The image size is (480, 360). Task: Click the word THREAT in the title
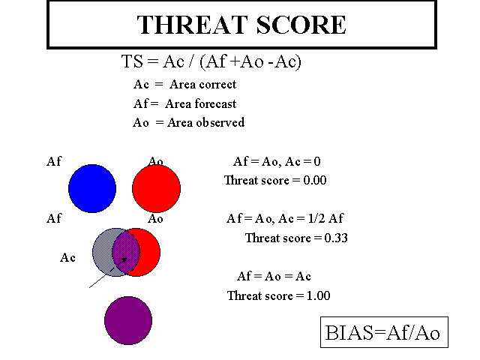[x=192, y=25]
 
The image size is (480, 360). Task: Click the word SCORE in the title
[x=301, y=25]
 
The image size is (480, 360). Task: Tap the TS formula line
[x=211, y=61]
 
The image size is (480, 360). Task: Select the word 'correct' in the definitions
[x=217, y=85]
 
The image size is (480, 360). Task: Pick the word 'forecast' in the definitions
[x=215, y=103]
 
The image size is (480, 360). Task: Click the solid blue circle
[x=92, y=188]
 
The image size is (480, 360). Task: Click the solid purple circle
[x=128, y=320]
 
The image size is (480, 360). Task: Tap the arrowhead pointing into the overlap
[x=124, y=260]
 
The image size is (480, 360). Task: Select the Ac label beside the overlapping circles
[x=67, y=258]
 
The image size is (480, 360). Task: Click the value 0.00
[x=315, y=180]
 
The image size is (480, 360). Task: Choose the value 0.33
[x=336, y=238]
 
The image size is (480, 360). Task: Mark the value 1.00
[x=318, y=296]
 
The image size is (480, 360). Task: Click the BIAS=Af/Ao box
[x=384, y=332]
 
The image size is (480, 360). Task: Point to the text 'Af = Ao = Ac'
[x=274, y=277]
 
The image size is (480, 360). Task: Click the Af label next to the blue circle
[x=54, y=161]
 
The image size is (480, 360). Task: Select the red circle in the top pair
[x=157, y=188]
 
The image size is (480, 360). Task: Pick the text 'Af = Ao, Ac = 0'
[x=277, y=161]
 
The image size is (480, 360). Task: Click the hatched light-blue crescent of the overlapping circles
[x=102, y=252]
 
